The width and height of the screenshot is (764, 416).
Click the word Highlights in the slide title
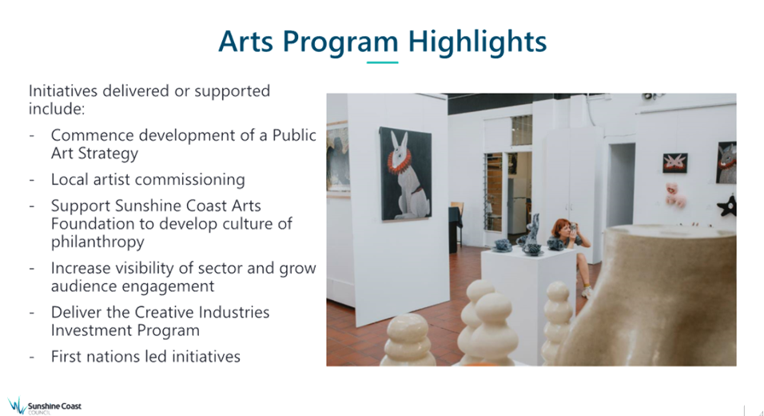tap(477, 42)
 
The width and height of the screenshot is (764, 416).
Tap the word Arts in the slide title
tap(245, 41)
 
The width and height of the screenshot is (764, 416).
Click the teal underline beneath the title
tap(383, 62)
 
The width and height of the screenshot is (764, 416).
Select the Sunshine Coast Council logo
tap(44, 406)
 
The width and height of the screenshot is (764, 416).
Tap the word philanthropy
tap(97, 242)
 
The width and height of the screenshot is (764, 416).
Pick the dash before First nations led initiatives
tap(32, 357)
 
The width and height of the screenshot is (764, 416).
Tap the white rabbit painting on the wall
tap(405, 174)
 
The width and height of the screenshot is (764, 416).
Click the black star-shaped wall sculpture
tap(727, 206)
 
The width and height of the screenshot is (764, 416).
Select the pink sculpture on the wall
tap(674, 194)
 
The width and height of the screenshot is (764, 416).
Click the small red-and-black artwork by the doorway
tap(675, 163)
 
